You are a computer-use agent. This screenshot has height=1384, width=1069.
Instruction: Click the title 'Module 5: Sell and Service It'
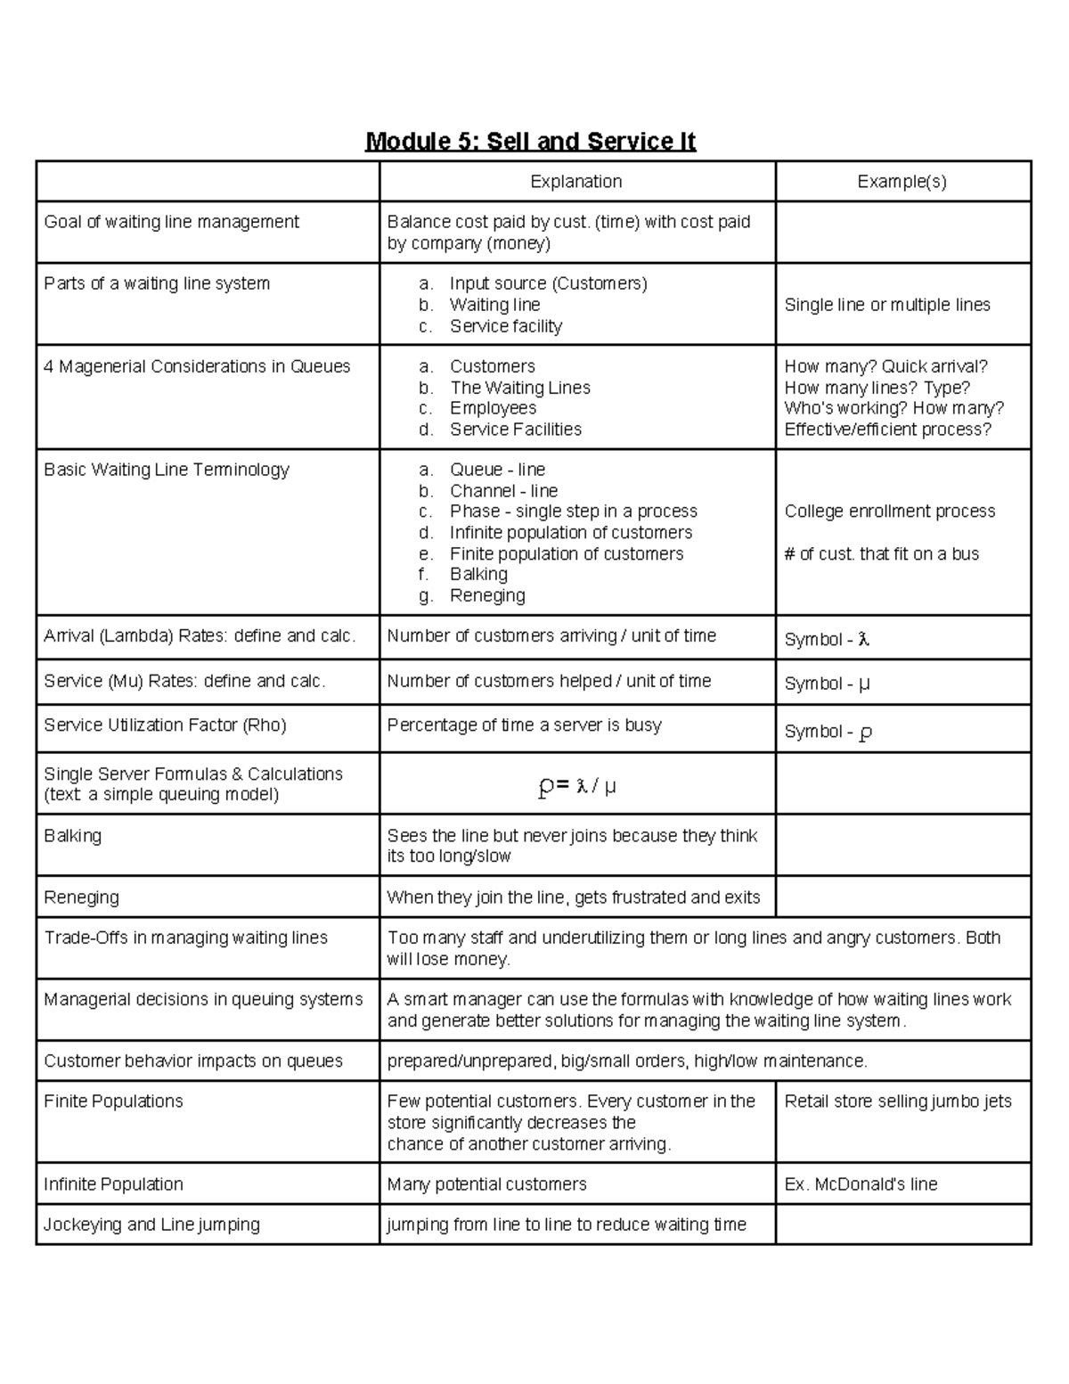[x=530, y=142]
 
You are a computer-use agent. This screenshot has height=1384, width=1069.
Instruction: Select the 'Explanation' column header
[x=576, y=182]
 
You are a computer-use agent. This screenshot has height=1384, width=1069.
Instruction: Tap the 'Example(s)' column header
[x=902, y=182]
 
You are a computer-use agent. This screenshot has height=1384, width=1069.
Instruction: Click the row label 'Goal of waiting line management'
[x=172, y=222]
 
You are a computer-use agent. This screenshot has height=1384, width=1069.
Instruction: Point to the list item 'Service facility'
[x=505, y=326]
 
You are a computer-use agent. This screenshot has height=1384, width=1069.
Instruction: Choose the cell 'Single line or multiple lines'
[x=887, y=305]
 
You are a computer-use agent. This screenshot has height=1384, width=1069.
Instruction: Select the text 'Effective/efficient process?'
[x=887, y=430]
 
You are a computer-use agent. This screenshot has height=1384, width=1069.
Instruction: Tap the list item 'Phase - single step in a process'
[x=573, y=512]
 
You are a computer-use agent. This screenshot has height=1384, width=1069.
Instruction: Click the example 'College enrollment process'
[x=890, y=512]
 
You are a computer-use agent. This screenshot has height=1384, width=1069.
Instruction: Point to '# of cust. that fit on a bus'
[x=881, y=554]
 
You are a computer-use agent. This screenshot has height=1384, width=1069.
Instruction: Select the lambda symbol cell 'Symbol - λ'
[x=827, y=640]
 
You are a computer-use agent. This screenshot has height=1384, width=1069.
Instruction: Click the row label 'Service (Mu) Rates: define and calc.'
[x=185, y=682]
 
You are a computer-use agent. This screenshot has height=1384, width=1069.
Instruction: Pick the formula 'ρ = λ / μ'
[x=577, y=786]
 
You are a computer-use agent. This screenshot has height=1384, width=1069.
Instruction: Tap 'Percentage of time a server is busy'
[x=524, y=725]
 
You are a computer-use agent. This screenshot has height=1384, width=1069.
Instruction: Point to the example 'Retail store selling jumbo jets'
[x=898, y=1101]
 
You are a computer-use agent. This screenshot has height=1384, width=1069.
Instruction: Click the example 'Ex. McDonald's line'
[x=861, y=1184]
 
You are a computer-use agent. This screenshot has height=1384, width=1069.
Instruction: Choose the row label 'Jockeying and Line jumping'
[x=152, y=1224]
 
